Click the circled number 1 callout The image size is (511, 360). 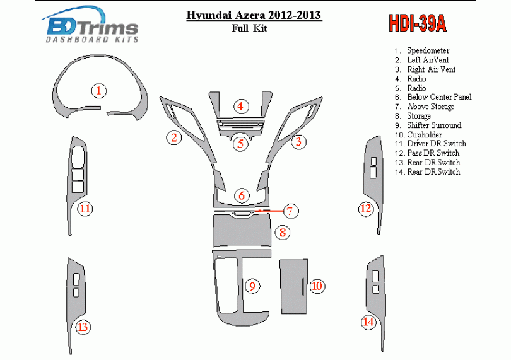(99, 91)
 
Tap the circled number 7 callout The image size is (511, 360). (290, 211)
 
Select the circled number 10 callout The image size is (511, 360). (317, 286)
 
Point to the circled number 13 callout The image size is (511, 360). (83, 327)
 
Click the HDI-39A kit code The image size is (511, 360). (418, 23)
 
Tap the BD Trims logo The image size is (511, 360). (91, 25)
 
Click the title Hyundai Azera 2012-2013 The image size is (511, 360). (254, 15)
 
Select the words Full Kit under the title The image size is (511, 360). (249, 28)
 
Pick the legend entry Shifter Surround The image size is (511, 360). (434, 125)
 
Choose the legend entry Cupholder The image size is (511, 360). (425, 135)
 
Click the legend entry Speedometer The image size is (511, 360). (428, 51)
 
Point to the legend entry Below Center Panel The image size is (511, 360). (439, 97)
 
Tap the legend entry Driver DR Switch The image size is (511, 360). (437, 144)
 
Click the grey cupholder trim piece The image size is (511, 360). (293, 287)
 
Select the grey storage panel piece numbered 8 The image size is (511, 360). (242, 229)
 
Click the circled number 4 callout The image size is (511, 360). (240, 106)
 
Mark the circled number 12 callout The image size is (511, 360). (366, 208)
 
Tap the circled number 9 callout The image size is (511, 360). (252, 286)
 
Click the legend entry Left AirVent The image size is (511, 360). (428, 61)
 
